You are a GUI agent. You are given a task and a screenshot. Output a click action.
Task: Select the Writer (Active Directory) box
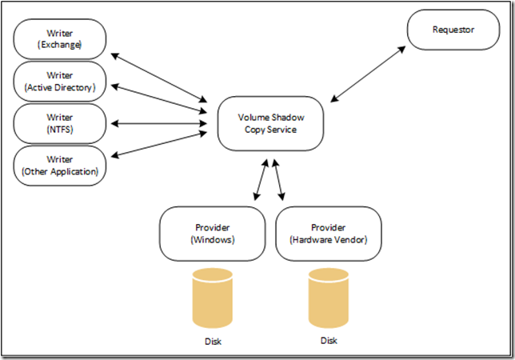(x=60, y=82)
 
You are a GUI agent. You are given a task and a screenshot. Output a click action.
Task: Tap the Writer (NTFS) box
(x=60, y=123)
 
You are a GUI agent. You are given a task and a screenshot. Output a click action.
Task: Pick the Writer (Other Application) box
(x=60, y=166)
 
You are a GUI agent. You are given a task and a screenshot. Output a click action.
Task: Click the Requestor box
(x=453, y=30)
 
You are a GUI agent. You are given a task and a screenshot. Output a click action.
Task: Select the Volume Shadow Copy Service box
(x=271, y=122)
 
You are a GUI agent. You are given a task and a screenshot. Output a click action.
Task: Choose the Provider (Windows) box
(x=213, y=233)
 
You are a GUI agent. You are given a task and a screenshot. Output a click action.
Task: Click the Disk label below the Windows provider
(x=214, y=342)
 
